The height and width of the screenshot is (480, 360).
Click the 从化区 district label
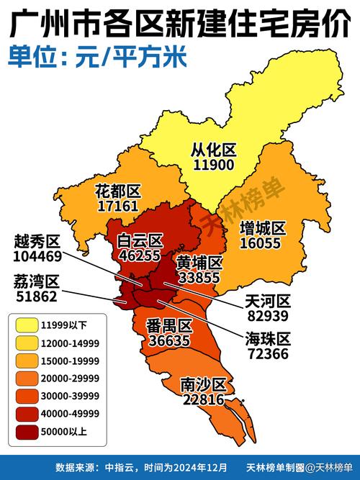coord(214,150)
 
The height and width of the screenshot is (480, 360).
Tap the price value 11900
coord(214,165)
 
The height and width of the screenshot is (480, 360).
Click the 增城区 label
coord(263,228)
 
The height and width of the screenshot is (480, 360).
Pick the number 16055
coord(263,243)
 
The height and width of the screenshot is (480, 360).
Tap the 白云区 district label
coord(141,240)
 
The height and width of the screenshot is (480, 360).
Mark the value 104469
coord(36,255)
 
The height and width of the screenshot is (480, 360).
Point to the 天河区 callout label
coord(267,301)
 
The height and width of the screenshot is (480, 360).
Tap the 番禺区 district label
coord(168,325)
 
